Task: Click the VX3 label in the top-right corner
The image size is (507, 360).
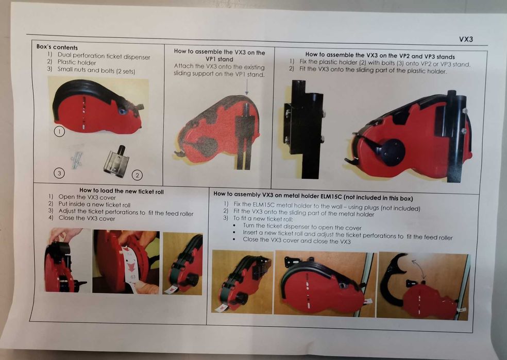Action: (466, 39)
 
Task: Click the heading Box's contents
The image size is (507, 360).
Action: (57, 47)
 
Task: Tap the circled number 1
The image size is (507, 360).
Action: (59, 131)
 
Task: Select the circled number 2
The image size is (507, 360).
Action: (137, 175)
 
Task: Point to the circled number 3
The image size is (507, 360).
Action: (59, 173)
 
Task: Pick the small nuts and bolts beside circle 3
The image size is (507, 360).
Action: (76, 160)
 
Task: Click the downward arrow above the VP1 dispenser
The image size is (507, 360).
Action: (247, 87)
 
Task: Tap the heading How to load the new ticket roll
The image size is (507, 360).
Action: (122, 191)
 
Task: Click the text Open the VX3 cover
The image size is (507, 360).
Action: (87, 197)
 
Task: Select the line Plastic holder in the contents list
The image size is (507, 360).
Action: (77, 62)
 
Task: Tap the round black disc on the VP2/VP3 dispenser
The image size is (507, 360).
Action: (392, 152)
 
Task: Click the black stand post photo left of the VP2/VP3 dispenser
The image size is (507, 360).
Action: (305, 129)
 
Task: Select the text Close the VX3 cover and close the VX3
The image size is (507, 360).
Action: (296, 241)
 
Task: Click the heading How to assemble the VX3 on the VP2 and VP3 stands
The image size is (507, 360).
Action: (380, 56)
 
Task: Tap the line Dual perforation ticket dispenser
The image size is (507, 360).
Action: (104, 56)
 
